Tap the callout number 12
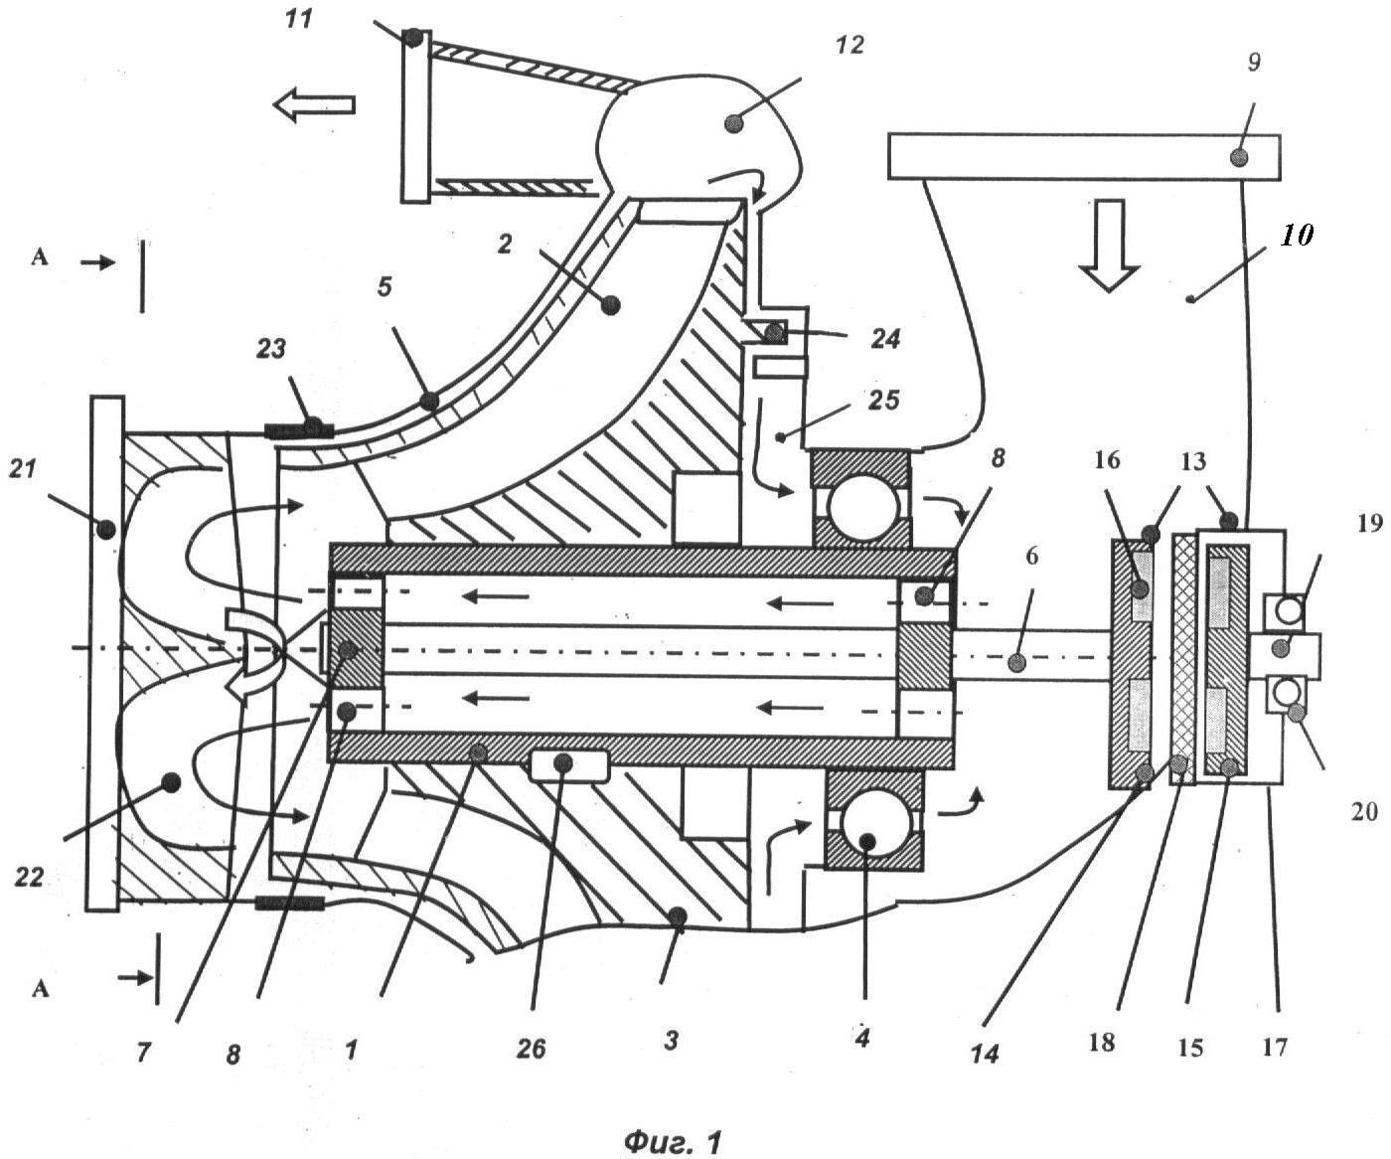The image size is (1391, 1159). pos(850,46)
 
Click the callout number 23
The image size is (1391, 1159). pos(271,348)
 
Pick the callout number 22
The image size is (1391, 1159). pos(29,877)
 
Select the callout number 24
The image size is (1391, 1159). pos(885,339)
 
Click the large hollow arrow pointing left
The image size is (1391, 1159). pos(314,105)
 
